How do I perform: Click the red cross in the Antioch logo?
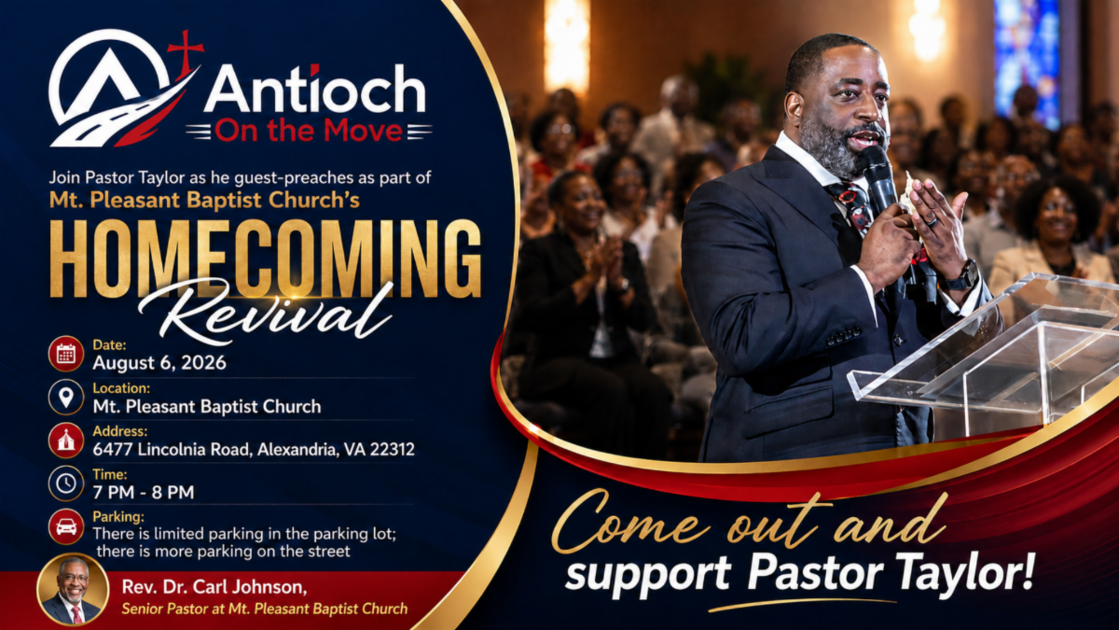coord(186,51)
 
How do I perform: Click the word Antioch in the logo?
coord(315,90)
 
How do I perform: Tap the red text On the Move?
coord(309,131)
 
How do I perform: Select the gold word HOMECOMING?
coord(265,259)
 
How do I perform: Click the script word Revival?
coord(265,313)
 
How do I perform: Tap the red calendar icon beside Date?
coord(66,354)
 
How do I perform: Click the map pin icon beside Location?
coord(66,397)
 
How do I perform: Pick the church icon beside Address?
coord(66,440)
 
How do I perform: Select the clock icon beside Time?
coord(66,483)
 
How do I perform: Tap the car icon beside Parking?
coord(66,526)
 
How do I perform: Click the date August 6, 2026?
coord(159,363)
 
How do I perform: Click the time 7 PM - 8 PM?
coord(144,493)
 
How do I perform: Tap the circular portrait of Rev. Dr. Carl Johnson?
coord(73,590)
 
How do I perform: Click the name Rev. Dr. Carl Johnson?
coord(214,587)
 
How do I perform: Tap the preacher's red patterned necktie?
coord(852,206)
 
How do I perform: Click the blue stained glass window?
coord(1027,63)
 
